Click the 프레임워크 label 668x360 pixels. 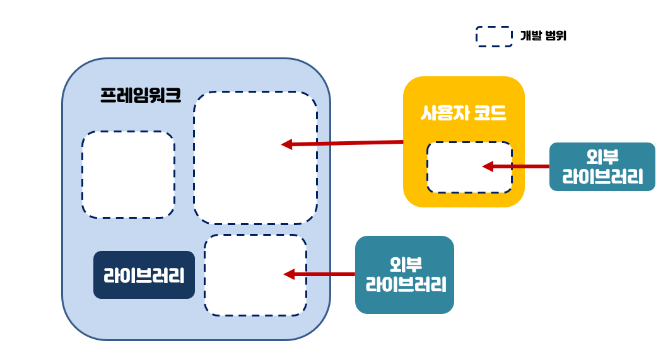pyautogui.click(x=141, y=96)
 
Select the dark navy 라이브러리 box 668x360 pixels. pyautogui.click(x=144, y=275)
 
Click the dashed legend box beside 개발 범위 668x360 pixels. pyautogui.click(x=493, y=37)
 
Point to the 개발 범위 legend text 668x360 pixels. pyautogui.click(x=543, y=36)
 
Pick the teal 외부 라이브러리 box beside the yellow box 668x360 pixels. pyautogui.click(x=602, y=166)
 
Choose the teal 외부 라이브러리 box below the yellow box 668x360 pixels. pyautogui.click(x=404, y=275)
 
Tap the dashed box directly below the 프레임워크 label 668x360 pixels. pyautogui.click(x=128, y=175)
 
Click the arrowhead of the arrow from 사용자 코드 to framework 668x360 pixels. pyautogui.click(x=286, y=144)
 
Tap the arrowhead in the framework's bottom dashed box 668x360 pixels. pyautogui.click(x=289, y=274)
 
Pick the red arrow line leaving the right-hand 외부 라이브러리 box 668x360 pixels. pyautogui.click(x=521, y=166)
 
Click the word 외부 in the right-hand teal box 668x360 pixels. pyautogui.click(x=602, y=156)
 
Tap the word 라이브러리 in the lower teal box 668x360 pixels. pyautogui.click(x=404, y=285)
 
